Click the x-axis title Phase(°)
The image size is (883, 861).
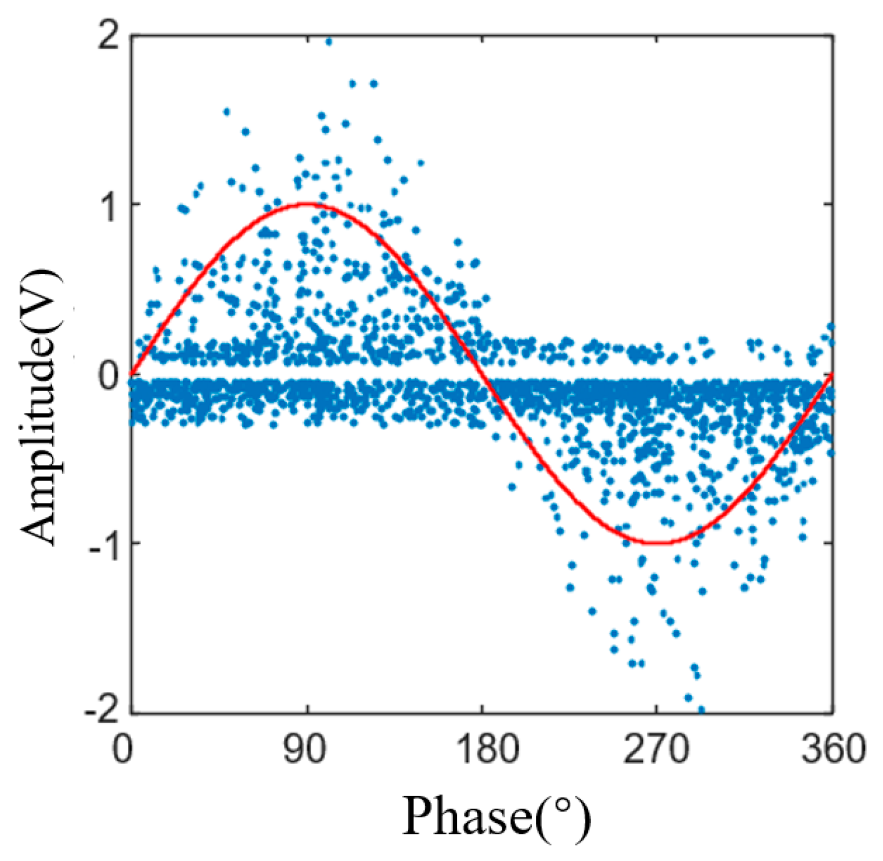pos(496,816)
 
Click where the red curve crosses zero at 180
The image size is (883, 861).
pos(482,374)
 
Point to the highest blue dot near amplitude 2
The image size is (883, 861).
pos(329,41)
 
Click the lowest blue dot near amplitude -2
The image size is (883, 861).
pos(701,709)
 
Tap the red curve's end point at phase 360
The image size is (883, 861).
pos(832,374)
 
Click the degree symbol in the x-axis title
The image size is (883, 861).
pos(560,805)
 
